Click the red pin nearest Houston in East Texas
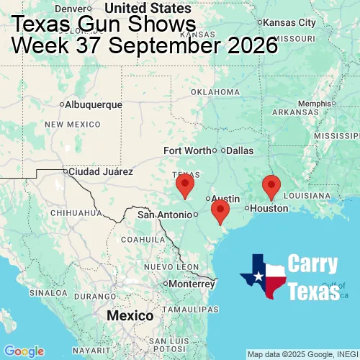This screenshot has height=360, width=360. click(271, 186)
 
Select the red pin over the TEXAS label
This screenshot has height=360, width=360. click(185, 184)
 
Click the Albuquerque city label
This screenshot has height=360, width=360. click(94, 104)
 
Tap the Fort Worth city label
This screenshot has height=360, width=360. click(187, 150)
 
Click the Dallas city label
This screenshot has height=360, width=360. click(240, 150)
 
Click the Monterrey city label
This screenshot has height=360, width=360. click(192, 283)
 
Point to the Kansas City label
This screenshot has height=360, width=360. click(290, 23)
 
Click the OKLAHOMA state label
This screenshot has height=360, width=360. click(215, 92)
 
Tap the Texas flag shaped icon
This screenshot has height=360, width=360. click(264, 276)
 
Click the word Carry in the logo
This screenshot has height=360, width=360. click(313, 264)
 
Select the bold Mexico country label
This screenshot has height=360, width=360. click(130, 316)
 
